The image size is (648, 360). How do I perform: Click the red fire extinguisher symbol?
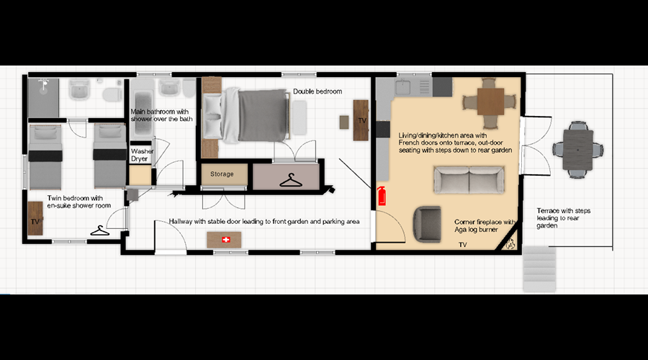[x=382, y=196]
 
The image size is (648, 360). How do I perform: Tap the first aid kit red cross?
[x=225, y=240]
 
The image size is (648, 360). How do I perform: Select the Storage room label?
[x=222, y=174]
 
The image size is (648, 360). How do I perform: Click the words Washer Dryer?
[x=142, y=155]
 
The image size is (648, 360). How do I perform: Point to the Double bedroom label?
[x=318, y=91]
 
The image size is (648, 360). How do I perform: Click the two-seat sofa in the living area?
[x=469, y=180]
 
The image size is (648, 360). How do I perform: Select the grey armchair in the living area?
[x=427, y=224]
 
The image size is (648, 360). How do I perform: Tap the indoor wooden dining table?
[x=490, y=102]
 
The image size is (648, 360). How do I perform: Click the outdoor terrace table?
[x=578, y=150]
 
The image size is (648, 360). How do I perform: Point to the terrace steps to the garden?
[x=539, y=269]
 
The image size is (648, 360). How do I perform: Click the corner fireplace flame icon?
[x=510, y=244]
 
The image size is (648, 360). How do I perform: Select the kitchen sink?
[x=402, y=87]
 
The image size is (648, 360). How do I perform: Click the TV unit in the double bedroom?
[x=361, y=120]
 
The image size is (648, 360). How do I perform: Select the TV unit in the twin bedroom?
[x=35, y=218]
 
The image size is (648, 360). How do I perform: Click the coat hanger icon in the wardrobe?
[x=291, y=180]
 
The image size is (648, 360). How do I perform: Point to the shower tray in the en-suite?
[x=43, y=98]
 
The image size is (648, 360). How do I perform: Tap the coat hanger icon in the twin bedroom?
[x=99, y=230]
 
